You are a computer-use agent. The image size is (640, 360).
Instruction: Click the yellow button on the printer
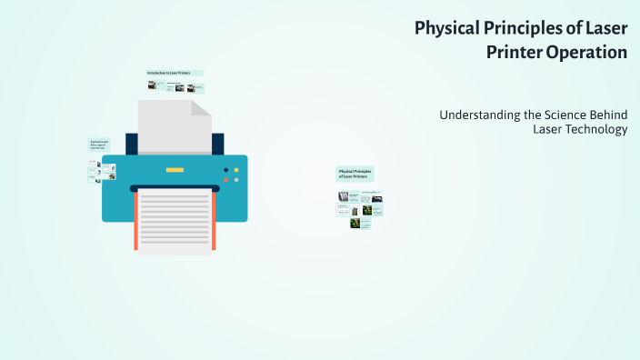point(236,169)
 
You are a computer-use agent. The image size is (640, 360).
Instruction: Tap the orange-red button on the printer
point(226,179)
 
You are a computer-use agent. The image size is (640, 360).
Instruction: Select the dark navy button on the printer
point(226,169)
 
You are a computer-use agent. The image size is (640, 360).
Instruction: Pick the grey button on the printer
point(236,179)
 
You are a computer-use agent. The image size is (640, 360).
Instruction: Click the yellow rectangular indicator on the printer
point(175,170)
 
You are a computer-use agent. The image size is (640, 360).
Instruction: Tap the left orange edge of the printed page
point(135,221)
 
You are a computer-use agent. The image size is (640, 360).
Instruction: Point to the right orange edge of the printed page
point(215,221)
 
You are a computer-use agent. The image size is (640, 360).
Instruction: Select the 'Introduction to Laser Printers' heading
point(174,73)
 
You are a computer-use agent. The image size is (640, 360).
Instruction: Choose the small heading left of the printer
point(98,145)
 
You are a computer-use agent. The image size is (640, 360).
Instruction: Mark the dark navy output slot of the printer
point(175,188)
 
